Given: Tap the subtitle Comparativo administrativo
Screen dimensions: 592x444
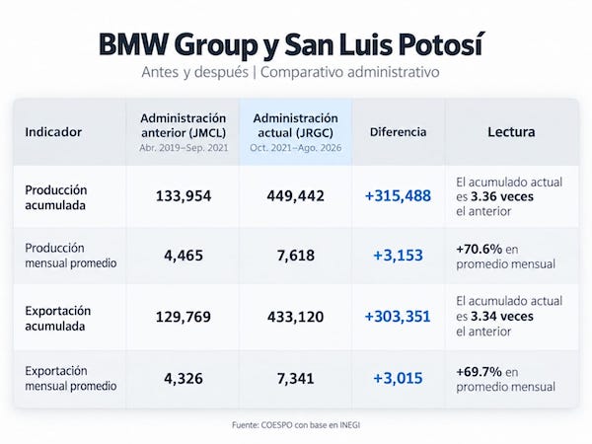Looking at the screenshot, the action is pyautogui.click(x=350, y=72).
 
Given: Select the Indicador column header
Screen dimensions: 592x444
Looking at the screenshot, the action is pyautogui.click(x=53, y=132).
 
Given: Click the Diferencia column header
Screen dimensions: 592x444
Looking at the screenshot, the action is pyautogui.click(x=398, y=132).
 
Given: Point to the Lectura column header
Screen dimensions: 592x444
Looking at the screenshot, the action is pyautogui.click(x=511, y=132).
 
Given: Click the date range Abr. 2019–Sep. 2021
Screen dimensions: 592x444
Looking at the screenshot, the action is pyautogui.click(x=184, y=148).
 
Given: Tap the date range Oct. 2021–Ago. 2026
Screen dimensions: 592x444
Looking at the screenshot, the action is pyautogui.click(x=296, y=148).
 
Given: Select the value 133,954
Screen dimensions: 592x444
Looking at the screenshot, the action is pyautogui.click(x=184, y=196).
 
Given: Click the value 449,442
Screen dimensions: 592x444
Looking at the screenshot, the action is pyautogui.click(x=296, y=196).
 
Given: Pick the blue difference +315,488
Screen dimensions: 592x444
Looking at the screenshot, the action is pyautogui.click(x=398, y=196).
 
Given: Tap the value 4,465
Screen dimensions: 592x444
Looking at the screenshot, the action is pyautogui.click(x=184, y=256).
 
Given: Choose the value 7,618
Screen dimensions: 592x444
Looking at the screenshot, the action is pyautogui.click(x=296, y=256).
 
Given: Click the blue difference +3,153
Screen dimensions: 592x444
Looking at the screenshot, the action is pyautogui.click(x=398, y=256).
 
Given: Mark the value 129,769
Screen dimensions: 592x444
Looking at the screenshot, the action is pyautogui.click(x=184, y=317).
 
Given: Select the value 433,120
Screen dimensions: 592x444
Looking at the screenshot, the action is pyautogui.click(x=296, y=317).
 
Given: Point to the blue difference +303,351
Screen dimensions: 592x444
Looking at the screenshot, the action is pyautogui.click(x=398, y=317).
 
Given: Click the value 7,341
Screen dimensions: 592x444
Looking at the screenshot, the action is pyautogui.click(x=296, y=378).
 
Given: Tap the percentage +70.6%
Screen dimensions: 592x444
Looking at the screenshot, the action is pyautogui.click(x=480, y=250).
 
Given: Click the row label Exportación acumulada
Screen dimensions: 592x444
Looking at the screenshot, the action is pyautogui.click(x=58, y=319).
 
